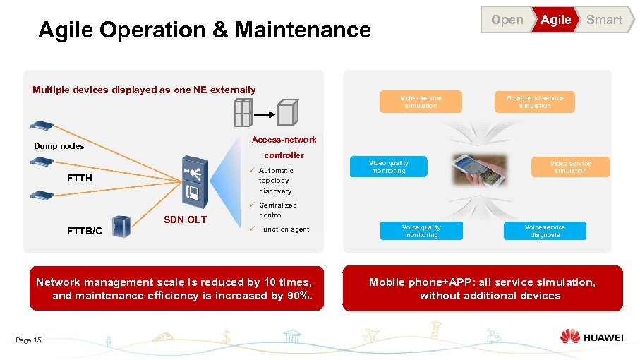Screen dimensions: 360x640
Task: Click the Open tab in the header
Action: [x=507, y=20]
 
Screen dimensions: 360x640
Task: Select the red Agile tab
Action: [x=556, y=20]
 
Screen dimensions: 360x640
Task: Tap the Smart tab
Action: [x=605, y=20]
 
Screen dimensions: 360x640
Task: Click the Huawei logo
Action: [x=591, y=337]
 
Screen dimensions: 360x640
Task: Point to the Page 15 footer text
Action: [x=28, y=340]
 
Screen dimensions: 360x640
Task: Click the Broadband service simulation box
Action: [x=535, y=102]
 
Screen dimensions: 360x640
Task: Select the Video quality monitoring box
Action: [x=388, y=167]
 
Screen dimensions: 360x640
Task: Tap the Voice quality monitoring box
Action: [x=421, y=231]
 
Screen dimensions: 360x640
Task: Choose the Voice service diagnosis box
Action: [x=545, y=231]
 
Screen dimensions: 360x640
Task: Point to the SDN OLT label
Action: [x=185, y=220]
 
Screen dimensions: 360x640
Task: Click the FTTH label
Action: [x=80, y=178]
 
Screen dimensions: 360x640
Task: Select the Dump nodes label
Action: [x=59, y=146]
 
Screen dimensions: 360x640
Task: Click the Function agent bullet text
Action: [x=284, y=229]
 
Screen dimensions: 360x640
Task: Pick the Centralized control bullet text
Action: [x=277, y=210]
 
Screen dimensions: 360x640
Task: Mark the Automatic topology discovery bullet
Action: [x=275, y=181]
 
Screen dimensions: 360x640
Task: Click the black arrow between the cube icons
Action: [x=264, y=113]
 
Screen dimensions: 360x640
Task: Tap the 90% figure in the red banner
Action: [x=299, y=296]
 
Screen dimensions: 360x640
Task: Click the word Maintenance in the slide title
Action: [x=303, y=30]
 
